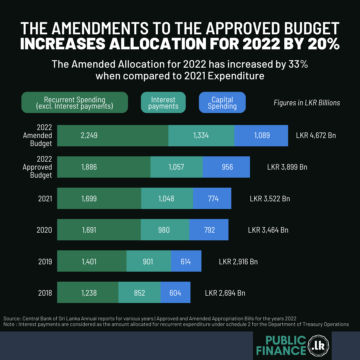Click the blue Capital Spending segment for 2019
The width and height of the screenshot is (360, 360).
click(186, 261)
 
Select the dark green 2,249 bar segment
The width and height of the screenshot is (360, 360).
click(113, 135)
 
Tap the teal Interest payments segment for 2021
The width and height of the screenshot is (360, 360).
click(167, 199)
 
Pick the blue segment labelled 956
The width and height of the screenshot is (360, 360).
click(226, 167)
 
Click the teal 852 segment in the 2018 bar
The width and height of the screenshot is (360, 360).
click(139, 293)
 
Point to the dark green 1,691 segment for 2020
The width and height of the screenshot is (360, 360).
click(99, 230)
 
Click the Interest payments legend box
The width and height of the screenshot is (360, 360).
click(163, 103)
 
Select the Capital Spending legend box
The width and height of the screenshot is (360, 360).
click(222, 103)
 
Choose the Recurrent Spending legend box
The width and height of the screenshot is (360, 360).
click(75, 103)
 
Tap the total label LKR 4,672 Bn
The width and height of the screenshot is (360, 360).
click(316, 135)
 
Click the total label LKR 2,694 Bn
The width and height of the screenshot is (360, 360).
click(225, 293)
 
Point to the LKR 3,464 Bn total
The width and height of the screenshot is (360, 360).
click(268, 230)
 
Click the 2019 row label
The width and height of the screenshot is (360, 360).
click(45, 262)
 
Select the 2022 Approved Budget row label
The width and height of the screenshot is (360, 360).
click(37, 167)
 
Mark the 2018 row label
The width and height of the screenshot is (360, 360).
click(45, 293)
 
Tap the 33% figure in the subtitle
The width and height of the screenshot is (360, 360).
click(297, 64)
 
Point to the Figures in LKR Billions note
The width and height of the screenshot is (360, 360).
click(307, 103)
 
